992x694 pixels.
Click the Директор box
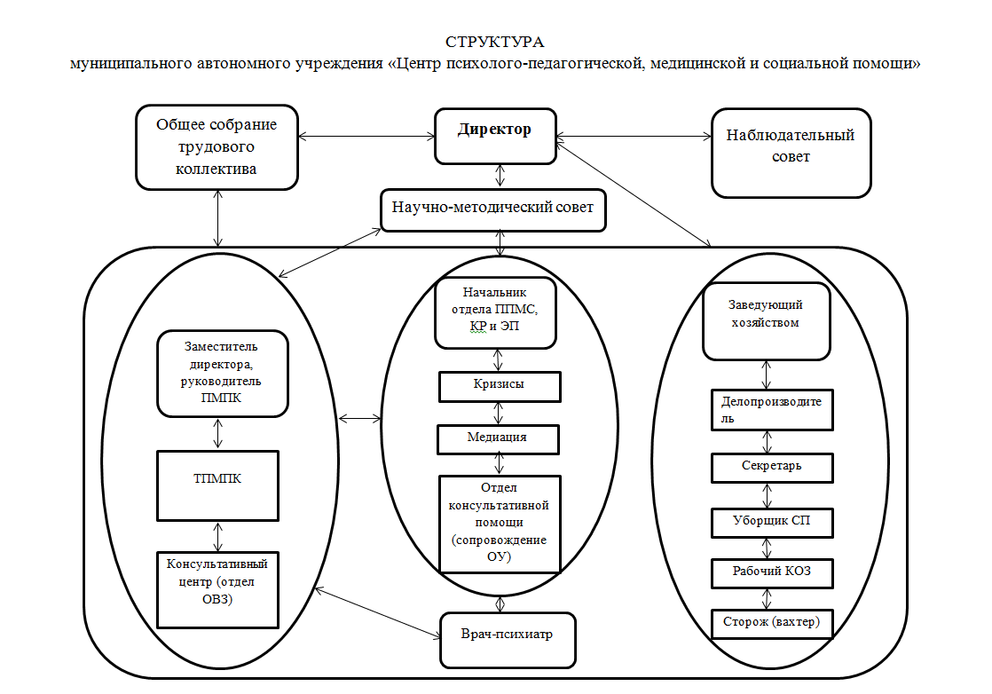tap(495, 136)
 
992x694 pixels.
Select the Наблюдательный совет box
tap(791, 152)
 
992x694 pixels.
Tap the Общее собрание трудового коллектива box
tap(217, 147)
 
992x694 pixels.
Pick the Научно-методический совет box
tap(493, 210)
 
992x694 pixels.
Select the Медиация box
tap(498, 438)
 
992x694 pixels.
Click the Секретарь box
tap(772, 468)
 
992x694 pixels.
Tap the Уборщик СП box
tap(773, 522)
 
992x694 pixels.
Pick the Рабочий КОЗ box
tap(773, 572)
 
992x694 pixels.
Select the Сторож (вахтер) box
tap(773, 623)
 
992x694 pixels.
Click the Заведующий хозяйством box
tap(767, 320)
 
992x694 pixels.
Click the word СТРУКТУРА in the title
tap(495, 43)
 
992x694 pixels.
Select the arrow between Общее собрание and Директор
tap(366, 136)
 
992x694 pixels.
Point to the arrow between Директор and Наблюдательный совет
tap(634, 136)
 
